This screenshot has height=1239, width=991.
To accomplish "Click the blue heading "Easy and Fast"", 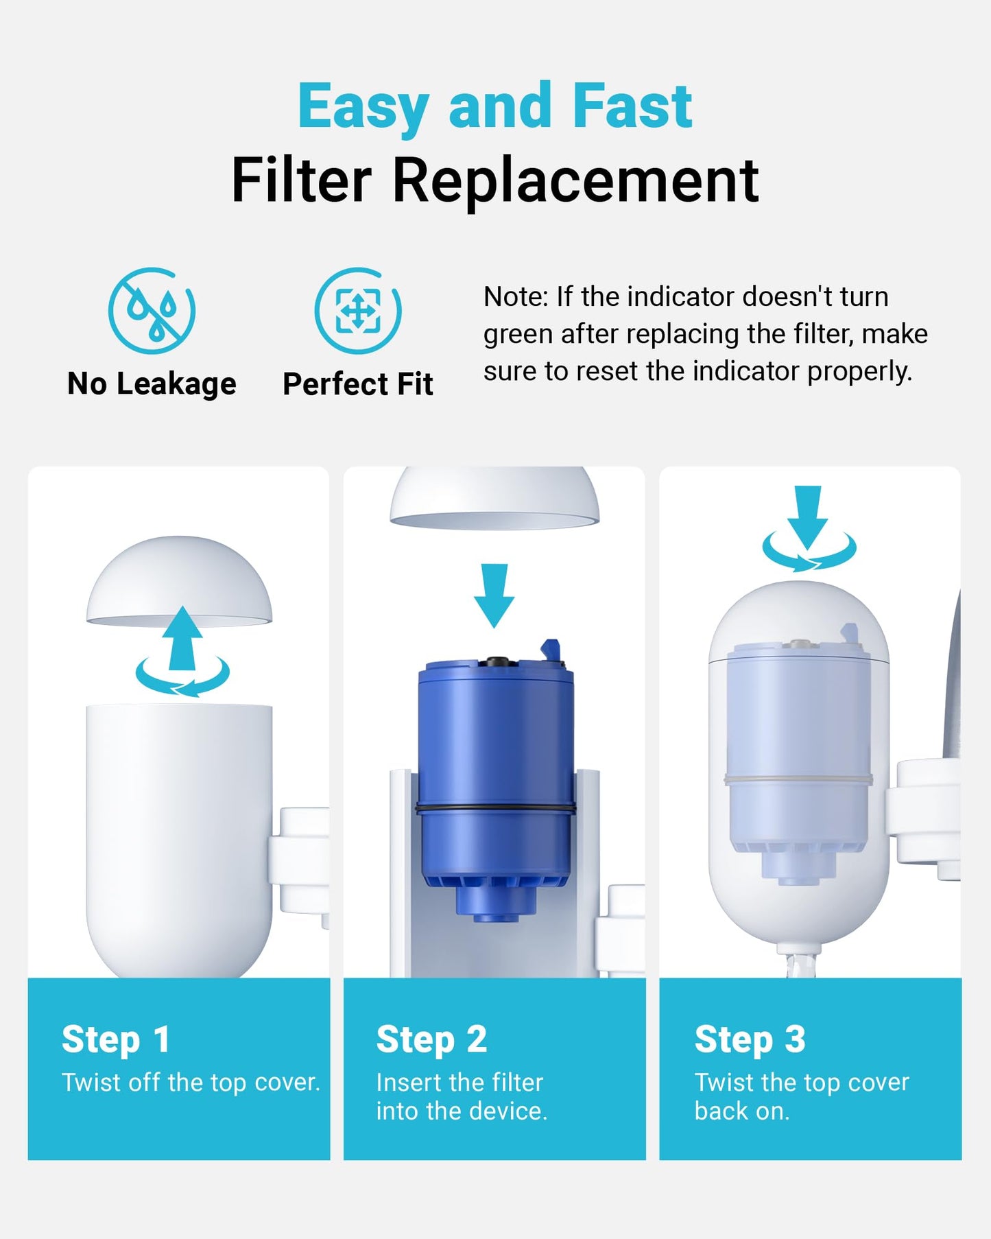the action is click(495, 106).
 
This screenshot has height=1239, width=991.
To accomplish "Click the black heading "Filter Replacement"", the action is click(495, 180).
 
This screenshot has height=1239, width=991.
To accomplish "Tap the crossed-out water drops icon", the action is click(152, 311).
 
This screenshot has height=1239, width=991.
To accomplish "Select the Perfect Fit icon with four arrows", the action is click(358, 311).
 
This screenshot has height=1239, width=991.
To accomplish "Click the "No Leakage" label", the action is click(152, 384).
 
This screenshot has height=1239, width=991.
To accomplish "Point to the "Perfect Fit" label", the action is click(358, 384).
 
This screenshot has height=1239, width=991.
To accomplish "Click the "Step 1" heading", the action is click(115, 1039).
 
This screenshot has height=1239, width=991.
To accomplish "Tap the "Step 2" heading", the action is click(431, 1039).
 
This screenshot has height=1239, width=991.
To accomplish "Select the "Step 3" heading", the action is click(750, 1039).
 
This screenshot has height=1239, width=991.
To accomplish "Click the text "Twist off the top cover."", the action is click(191, 1082).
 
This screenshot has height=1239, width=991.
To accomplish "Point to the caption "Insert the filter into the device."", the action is click(462, 1096).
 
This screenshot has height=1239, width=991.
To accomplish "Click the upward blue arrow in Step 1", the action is click(182, 638).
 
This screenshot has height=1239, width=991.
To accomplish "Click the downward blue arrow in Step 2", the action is click(494, 595).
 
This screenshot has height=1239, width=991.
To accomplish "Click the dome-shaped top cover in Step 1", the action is click(179, 580).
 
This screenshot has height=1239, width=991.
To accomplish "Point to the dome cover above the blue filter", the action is click(494, 499).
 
